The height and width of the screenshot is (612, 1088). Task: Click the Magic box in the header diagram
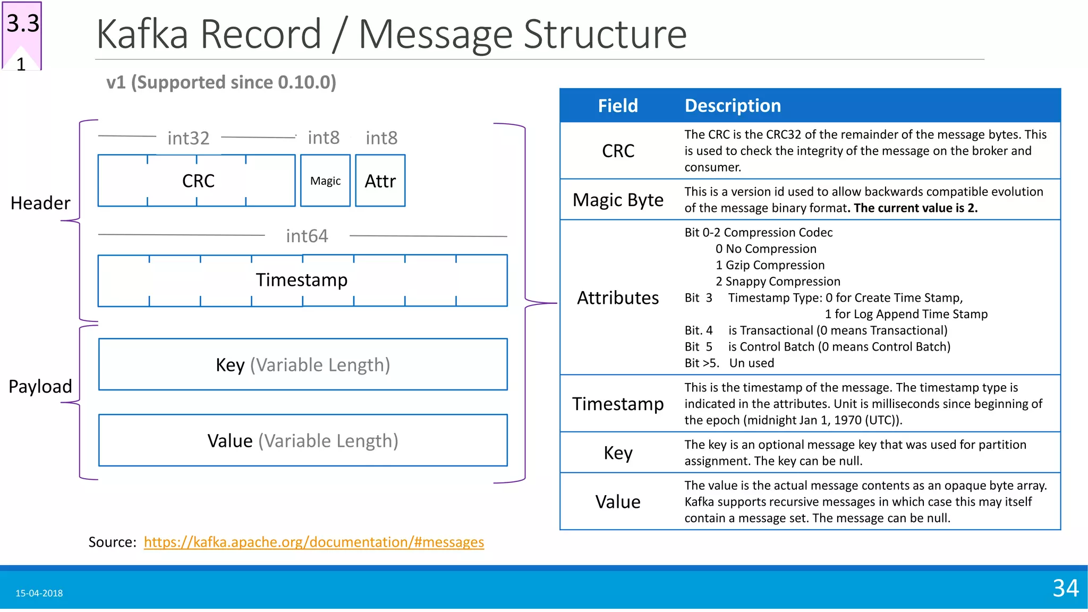tap(325, 181)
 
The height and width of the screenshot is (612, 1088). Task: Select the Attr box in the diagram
tap(380, 181)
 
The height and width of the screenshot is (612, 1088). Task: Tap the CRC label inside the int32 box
tap(198, 181)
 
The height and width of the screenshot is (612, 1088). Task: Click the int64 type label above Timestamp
tap(307, 236)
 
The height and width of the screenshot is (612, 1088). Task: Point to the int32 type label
tap(188, 138)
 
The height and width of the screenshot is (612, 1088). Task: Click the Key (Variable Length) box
tap(303, 364)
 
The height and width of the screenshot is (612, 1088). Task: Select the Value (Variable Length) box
tap(303, 440)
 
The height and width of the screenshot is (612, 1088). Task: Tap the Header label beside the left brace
tap(40, 203)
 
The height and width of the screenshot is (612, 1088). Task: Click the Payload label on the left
tap(40, 386)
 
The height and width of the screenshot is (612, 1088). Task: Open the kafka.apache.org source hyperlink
tap(313, 542)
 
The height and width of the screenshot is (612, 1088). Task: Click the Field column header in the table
tap(617, 106)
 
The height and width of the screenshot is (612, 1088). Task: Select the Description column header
tap(733, 106)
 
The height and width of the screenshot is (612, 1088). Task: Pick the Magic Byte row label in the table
tap(618, 200)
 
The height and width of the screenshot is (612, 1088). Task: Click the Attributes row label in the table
tap(618, 297)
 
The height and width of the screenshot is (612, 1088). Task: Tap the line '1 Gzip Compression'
tap(770, 265)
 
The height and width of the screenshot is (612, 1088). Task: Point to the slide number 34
tap(1065, 588)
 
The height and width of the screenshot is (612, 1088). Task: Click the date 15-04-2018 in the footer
tap(39, 593)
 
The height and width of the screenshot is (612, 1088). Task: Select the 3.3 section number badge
tap(23, 24)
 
